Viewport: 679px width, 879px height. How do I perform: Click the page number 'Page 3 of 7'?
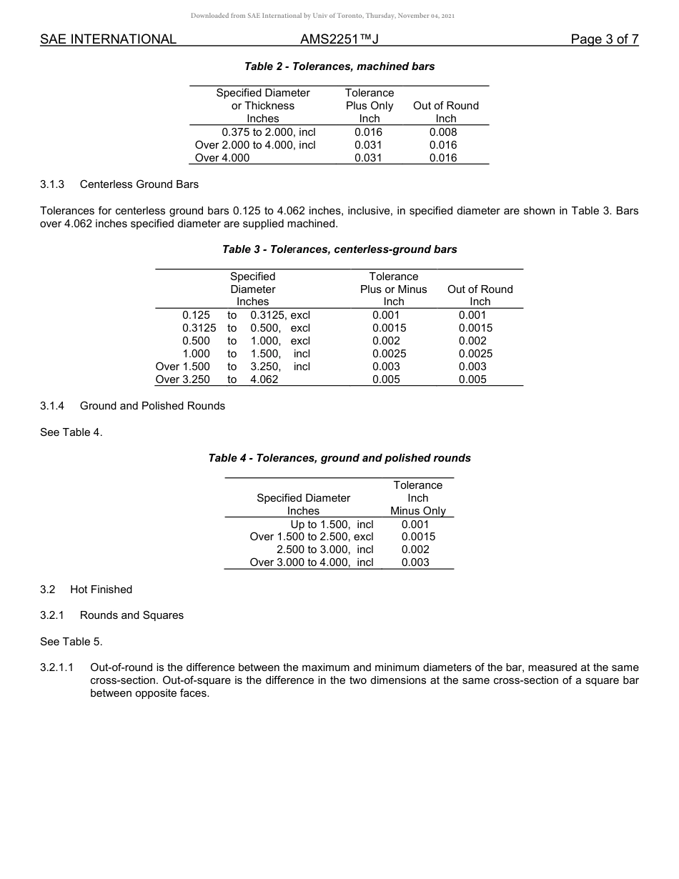(x=604, y=40)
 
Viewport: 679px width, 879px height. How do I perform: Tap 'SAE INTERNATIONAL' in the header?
(x=108, y=40)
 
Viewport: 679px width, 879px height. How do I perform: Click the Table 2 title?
(x=339, y=66)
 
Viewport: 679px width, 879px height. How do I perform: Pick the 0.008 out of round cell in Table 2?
(x=443, y=132)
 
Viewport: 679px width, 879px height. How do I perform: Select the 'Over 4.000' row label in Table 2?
(x=222, y=158)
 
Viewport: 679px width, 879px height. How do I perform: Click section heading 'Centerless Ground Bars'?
(x=139, y=184)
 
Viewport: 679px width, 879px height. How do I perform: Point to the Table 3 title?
(x=339, y=249)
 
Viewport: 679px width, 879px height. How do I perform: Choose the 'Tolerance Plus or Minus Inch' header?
(x=393, y=289)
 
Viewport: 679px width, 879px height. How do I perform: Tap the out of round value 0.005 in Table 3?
(x=472, y=379)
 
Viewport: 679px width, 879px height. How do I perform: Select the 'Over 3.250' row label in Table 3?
(x=183, y=379)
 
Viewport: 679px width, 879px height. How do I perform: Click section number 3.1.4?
(x=52, y=406)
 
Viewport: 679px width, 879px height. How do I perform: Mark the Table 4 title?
(x=339, y=458)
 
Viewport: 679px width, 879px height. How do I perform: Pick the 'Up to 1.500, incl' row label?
(x=332, y=525)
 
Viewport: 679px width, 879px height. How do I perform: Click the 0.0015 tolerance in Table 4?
(x=418, y=537)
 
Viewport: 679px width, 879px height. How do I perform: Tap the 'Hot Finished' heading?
(x=101, y=590)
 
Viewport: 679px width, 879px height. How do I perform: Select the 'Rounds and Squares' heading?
(x=132, y=615)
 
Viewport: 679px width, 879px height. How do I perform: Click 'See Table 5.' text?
(x=71, y=641)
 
